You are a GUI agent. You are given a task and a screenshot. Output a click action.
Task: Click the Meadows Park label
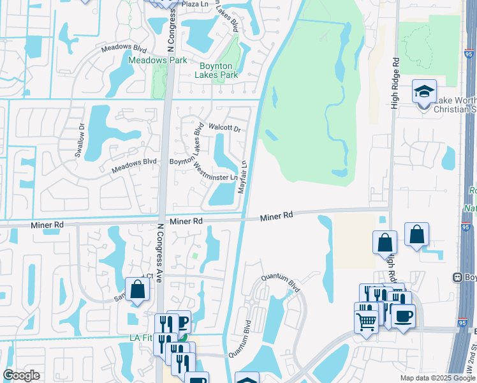pyautogui.click(x=158, y=60)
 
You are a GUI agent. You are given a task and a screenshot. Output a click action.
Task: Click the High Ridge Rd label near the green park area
pyautogui.click(x=395, y=83)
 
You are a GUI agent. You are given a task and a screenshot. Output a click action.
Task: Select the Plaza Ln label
pyautogui.click(x=196, y=4)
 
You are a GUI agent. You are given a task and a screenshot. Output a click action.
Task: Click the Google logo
pyautogui.click(x=21, y=375)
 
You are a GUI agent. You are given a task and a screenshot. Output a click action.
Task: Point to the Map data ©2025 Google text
pyautogui.click(x=437, y=378)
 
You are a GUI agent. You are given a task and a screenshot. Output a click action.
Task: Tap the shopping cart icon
pyautogui.click(x=366, y=320)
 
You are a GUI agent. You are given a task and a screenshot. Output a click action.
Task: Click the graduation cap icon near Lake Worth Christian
pyautogui.click(x=424, y=92)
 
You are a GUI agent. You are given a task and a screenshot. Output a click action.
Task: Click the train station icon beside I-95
pyautogui.click(x=457, y=277)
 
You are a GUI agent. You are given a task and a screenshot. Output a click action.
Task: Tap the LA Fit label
pyautogui.click(x=143, y=336)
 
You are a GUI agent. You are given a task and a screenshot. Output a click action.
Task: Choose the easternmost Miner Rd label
pyautogui.click(x=276, y=217)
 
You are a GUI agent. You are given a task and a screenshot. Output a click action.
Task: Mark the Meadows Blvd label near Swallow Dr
pyautogui.click(x=134, y=165)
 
